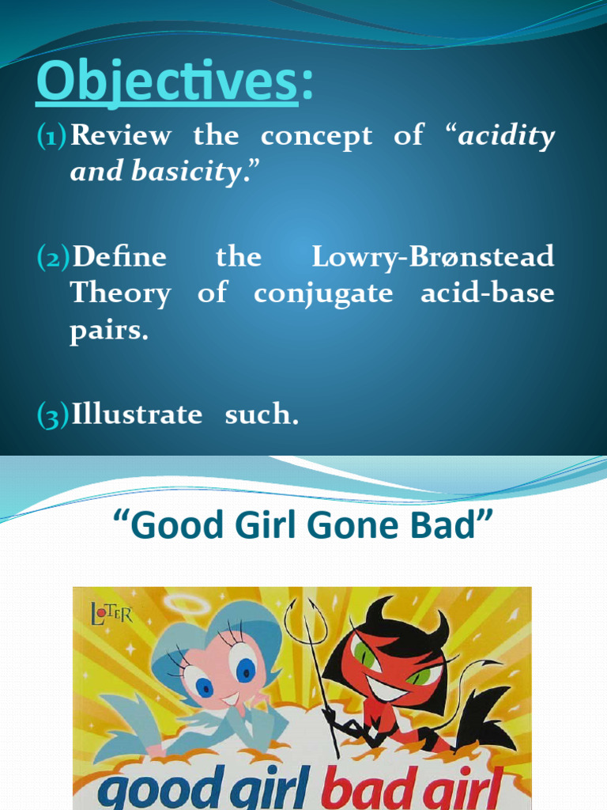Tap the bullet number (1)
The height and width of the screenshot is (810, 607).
coord(52,136)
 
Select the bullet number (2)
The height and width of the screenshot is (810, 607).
coord(52,257)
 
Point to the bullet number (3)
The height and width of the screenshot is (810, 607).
coord(52,415)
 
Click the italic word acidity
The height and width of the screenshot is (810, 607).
coord(507,136)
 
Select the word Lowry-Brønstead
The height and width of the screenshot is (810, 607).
coord(432,256)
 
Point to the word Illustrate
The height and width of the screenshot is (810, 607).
coord(137,414)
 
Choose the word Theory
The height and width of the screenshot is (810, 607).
coord(120,293)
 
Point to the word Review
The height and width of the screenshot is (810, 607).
coord(120,136)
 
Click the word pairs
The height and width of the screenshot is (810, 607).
coord(109,330)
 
